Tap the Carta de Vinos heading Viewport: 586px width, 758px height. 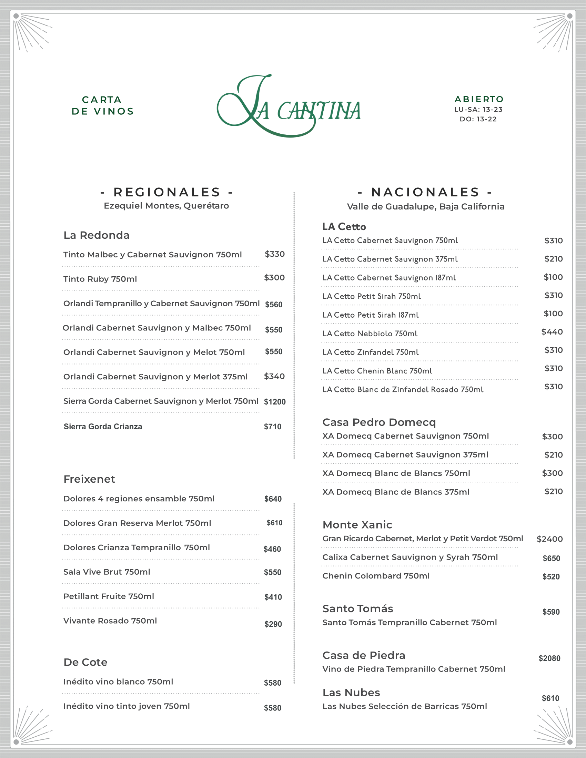[102, 105]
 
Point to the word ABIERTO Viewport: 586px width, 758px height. [479, 99]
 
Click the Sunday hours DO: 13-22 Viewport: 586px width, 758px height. [478, 119]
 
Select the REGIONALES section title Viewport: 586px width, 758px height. [166, 192]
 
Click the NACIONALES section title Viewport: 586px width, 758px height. [425, 192]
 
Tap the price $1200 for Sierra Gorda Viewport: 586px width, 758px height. [275, 401]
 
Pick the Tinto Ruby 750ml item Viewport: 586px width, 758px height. [100, 279]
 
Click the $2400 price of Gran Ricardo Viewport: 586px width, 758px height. [549, 539]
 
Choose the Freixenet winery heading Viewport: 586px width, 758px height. [89, 479]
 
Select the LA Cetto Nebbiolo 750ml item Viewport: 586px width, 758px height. [370, 334]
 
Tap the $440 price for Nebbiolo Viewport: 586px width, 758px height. [552, 332]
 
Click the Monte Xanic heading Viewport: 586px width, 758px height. [357, 524]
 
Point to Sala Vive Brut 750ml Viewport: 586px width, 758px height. [107, 572]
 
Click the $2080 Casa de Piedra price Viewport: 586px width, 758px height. [549, 658]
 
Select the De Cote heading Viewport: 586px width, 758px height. [85, 662]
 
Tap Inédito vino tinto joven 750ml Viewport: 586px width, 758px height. [127, 706]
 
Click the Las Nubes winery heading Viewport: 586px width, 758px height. [351, 693]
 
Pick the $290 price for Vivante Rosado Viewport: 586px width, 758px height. [273, 624]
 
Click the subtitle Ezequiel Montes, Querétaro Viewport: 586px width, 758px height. [166, 205]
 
